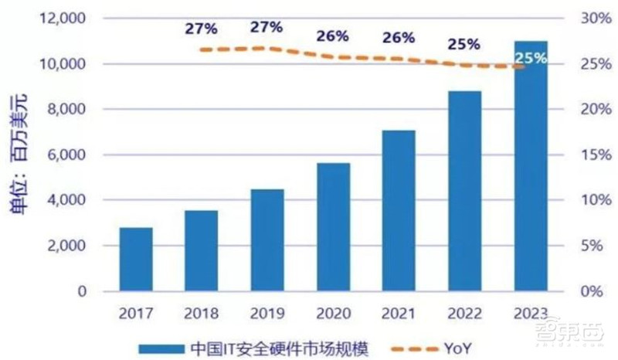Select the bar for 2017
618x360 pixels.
pyautogui.click(x=135, y=260)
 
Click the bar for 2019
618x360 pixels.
pyautogui.click(x=268, y=240)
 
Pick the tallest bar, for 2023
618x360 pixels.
pyautogui.click(x=530, y=166)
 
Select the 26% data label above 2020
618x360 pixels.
pyautogui.click(x=333, y=36)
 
